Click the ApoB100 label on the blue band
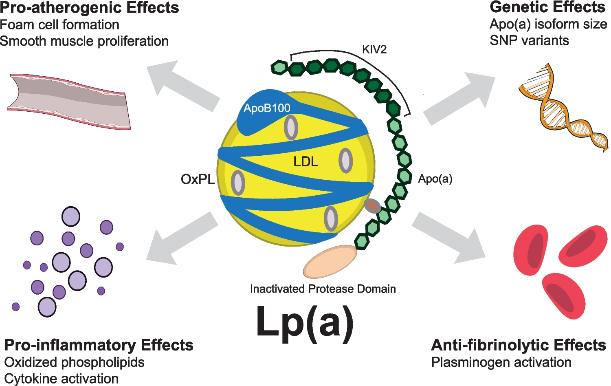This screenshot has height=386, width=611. coord(267,108)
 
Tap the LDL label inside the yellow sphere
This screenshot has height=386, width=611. coord(305,162)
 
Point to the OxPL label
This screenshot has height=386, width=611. coord(198,179)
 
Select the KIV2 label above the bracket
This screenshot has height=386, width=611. coord(374,50)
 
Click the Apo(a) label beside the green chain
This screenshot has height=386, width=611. coord(435,179)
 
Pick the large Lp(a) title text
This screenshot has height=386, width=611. coord(305,322)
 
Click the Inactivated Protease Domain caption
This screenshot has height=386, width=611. coord(323,289)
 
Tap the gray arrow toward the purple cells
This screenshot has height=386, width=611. coord(181,238)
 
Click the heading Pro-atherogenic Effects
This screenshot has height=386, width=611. coord(90,8)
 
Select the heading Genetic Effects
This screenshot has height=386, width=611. coord(547,7)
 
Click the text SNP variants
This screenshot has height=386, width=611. coord(529,40)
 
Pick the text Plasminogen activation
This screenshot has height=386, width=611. coord(501,362)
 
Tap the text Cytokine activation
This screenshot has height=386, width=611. coord(62,379)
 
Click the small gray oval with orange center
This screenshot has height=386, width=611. coord(372,206)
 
